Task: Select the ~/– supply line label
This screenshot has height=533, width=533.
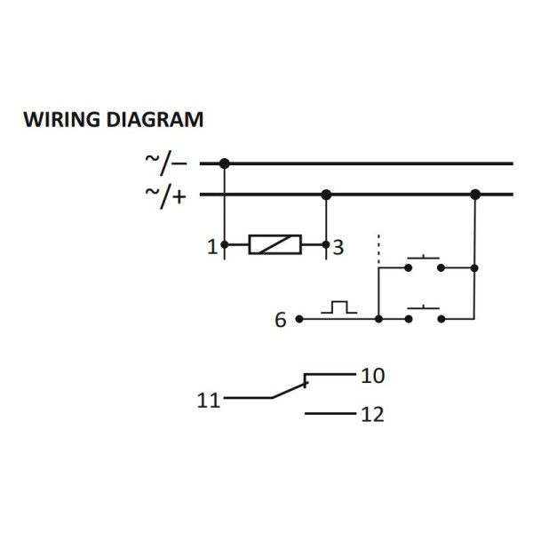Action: coord(166,163)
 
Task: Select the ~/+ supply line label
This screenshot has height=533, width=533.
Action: coord(166,195)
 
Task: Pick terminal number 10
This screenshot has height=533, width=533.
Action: coord(372,376)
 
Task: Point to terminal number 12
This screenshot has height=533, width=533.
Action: coord(372,415)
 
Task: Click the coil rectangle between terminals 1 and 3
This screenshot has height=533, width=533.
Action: coord(274,244)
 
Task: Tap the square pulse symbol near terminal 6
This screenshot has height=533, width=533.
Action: coord(339,307)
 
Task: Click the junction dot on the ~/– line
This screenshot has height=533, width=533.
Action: coord(224,163)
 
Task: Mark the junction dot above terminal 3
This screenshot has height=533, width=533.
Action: coord(326,195)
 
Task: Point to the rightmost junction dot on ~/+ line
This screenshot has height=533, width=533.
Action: coord(475,195)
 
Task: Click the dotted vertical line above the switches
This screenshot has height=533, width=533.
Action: coord(379,249)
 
